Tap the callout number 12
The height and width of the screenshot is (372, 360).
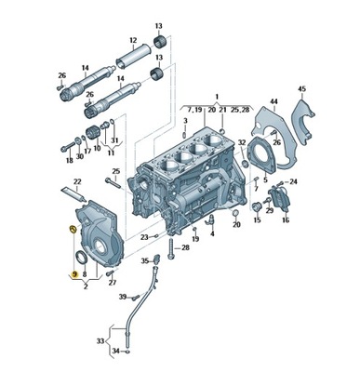(x=134, y=40)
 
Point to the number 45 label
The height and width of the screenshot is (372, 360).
(x=301, y=89)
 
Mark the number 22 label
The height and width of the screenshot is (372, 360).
(x=78, y=180)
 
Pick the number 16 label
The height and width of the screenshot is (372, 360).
(x=285, y=220)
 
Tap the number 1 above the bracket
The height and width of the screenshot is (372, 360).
(x=217, y=97)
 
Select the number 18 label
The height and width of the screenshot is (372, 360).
(x=68, y=161)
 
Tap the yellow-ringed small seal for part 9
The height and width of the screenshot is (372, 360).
(x=73, y=230)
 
